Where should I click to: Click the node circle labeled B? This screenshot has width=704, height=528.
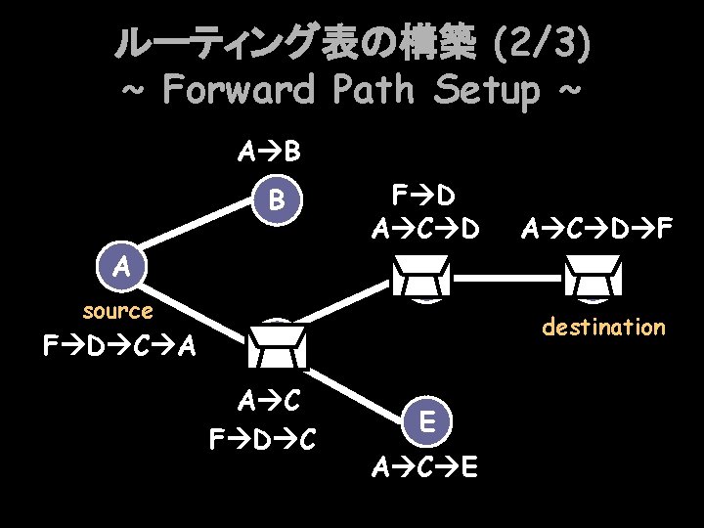[x=278, y=201]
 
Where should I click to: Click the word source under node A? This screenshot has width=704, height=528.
[x=117, y=311]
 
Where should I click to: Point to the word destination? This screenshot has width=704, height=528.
[x=603, y=327]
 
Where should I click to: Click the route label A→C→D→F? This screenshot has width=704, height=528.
[x=596, y=230]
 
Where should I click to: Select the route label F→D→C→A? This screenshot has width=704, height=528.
[x=119, y=346]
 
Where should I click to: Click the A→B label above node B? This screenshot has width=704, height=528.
[x=269, y=153]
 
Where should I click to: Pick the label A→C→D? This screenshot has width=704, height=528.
[x=425, y=230]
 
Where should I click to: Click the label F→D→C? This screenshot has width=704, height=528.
[x=262, y=439]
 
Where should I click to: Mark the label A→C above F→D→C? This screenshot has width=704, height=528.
[x=268, y=400]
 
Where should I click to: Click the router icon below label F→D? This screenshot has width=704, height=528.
[x=421, y=276]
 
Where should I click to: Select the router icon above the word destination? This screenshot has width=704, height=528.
[x=594, y=276]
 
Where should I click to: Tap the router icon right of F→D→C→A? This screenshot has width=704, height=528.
[x=278, y=343]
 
